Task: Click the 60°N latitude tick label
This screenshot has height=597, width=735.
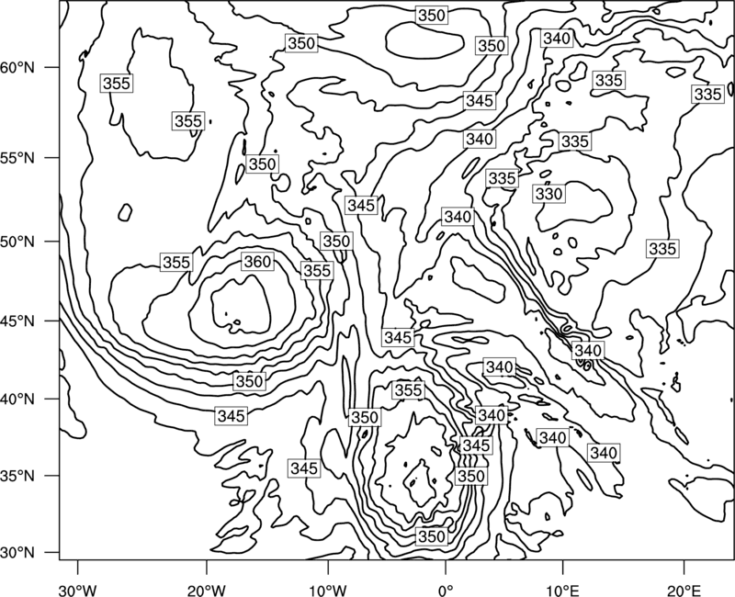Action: click(x=17, y=68)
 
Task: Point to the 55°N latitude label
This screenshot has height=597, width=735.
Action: click(x=17, y=158)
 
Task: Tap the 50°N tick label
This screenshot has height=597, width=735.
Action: click(x=17, y=242)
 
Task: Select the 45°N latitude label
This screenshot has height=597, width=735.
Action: click(x=17, y=321)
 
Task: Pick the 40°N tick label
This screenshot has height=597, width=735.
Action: click(x=17, y=400)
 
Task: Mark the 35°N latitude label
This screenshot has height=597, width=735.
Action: click(x=17, y=476)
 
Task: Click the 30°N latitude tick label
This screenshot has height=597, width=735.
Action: click(x=17, y=553)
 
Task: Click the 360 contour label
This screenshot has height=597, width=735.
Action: click(x=257, y=262)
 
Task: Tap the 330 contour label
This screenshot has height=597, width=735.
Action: click(x=548, y=194)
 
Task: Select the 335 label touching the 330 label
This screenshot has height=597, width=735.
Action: click(x=502, y=178)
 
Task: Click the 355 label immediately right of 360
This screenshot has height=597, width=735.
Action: click(x=317, y=271)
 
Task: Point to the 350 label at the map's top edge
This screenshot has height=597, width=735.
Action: click(x=431, y=16)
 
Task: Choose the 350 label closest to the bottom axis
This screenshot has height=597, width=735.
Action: click(x=431, y=536)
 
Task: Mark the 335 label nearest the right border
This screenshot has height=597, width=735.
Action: click(x=707, y=95)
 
